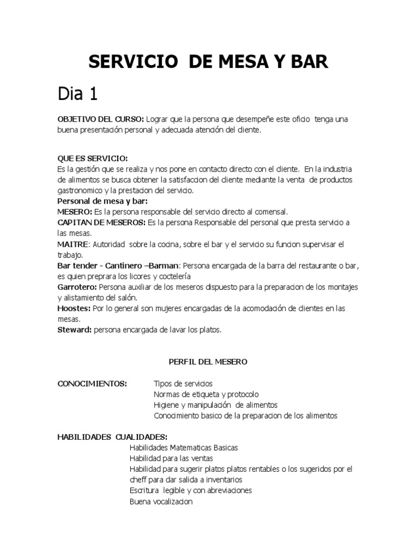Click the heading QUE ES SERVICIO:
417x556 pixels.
93,159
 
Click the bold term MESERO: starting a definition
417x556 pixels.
74,212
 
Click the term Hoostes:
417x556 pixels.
74,308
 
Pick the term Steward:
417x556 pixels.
74,329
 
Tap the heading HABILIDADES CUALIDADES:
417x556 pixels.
112,437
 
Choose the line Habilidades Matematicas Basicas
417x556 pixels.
184,448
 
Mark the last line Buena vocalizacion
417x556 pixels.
161,502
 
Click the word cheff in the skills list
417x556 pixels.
139,480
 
